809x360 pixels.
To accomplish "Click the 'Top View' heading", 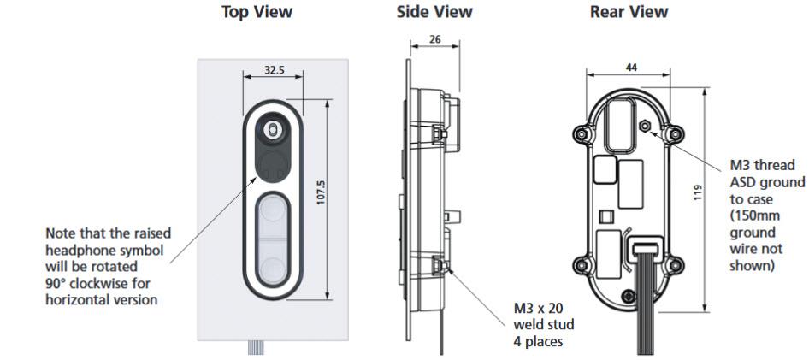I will (x=257, y=12).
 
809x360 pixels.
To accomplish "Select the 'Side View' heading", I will (x=433, y=12).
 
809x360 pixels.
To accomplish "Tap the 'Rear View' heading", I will (x=629, y=12).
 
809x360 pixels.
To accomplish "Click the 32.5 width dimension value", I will (x=274, y=70).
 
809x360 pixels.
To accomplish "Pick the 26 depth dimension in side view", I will (x=434, y=38).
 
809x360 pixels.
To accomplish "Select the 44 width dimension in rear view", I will (x=631, y=68).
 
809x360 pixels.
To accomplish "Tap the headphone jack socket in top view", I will (x=273, y=129).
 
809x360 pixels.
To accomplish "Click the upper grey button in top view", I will (x=273, y=211).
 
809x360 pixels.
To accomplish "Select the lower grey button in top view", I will (x=273, y=262).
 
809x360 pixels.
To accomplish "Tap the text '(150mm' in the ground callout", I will (x=752, y=215).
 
